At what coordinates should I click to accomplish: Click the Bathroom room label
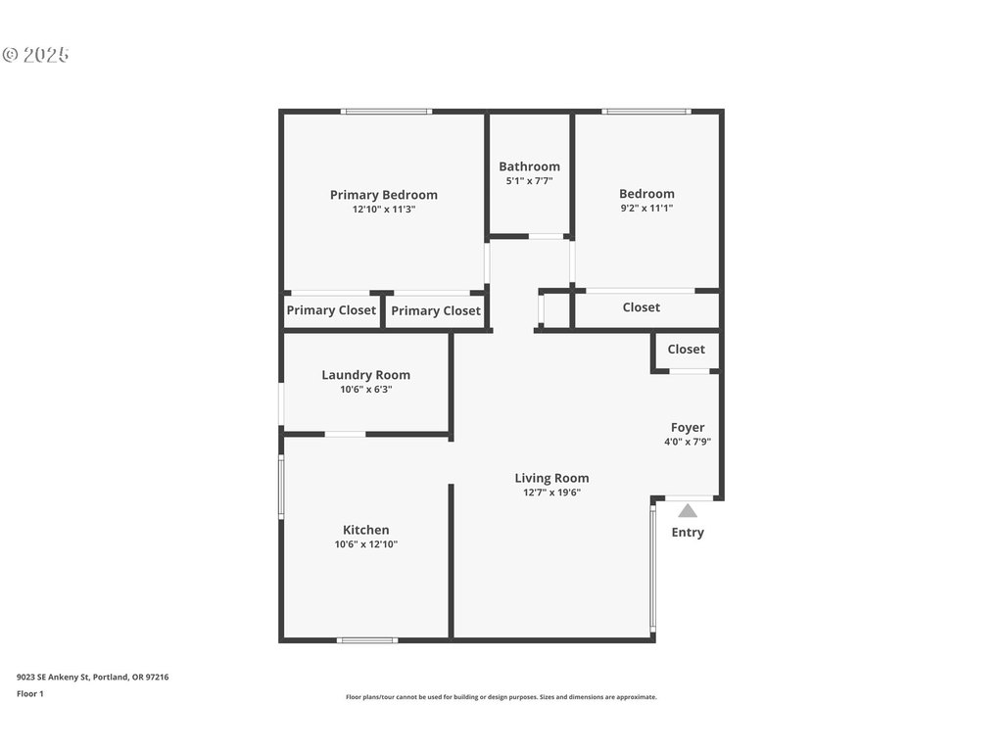[x=529, y=166]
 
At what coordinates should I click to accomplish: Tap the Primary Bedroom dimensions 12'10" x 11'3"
[x=384, y=210]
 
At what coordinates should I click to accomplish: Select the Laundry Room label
[x=366, y=375]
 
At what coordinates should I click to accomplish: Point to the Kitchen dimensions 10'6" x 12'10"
[x=366, y=544]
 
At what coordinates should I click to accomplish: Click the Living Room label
[x=551, y=478]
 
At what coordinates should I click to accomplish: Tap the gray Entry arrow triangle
[x=688, y=510]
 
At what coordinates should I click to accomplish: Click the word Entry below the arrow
[x=688, y=532]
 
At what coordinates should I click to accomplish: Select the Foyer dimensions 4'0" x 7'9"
[x=688, y=442]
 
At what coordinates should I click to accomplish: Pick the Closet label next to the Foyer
[x=686, y=350]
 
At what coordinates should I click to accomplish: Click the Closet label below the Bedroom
[x=641, y=307]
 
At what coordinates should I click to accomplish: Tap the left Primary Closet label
[x=331, y=310]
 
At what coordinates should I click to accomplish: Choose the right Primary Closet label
[x=436, y=310]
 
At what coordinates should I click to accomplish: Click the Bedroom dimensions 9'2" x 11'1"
[x=646, y=208]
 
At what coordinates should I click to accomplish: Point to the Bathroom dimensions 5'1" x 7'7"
[x=529, y=181]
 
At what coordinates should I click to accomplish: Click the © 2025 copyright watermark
[x=36, y=55]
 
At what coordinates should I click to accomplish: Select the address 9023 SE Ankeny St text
[x=54, y=677]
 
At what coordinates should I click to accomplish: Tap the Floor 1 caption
[x=30, y=694]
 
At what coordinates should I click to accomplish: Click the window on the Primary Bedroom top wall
[x=386, y=112]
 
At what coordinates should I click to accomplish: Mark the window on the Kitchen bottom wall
[x=367, y=639]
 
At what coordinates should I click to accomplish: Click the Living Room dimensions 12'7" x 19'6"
[x=551, y=493]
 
